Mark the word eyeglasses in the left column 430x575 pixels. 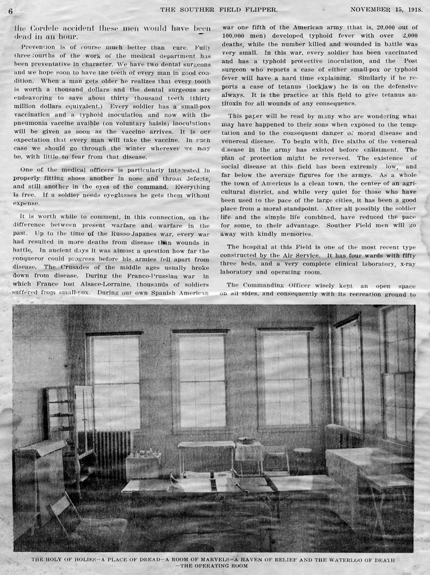pos(148,196)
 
